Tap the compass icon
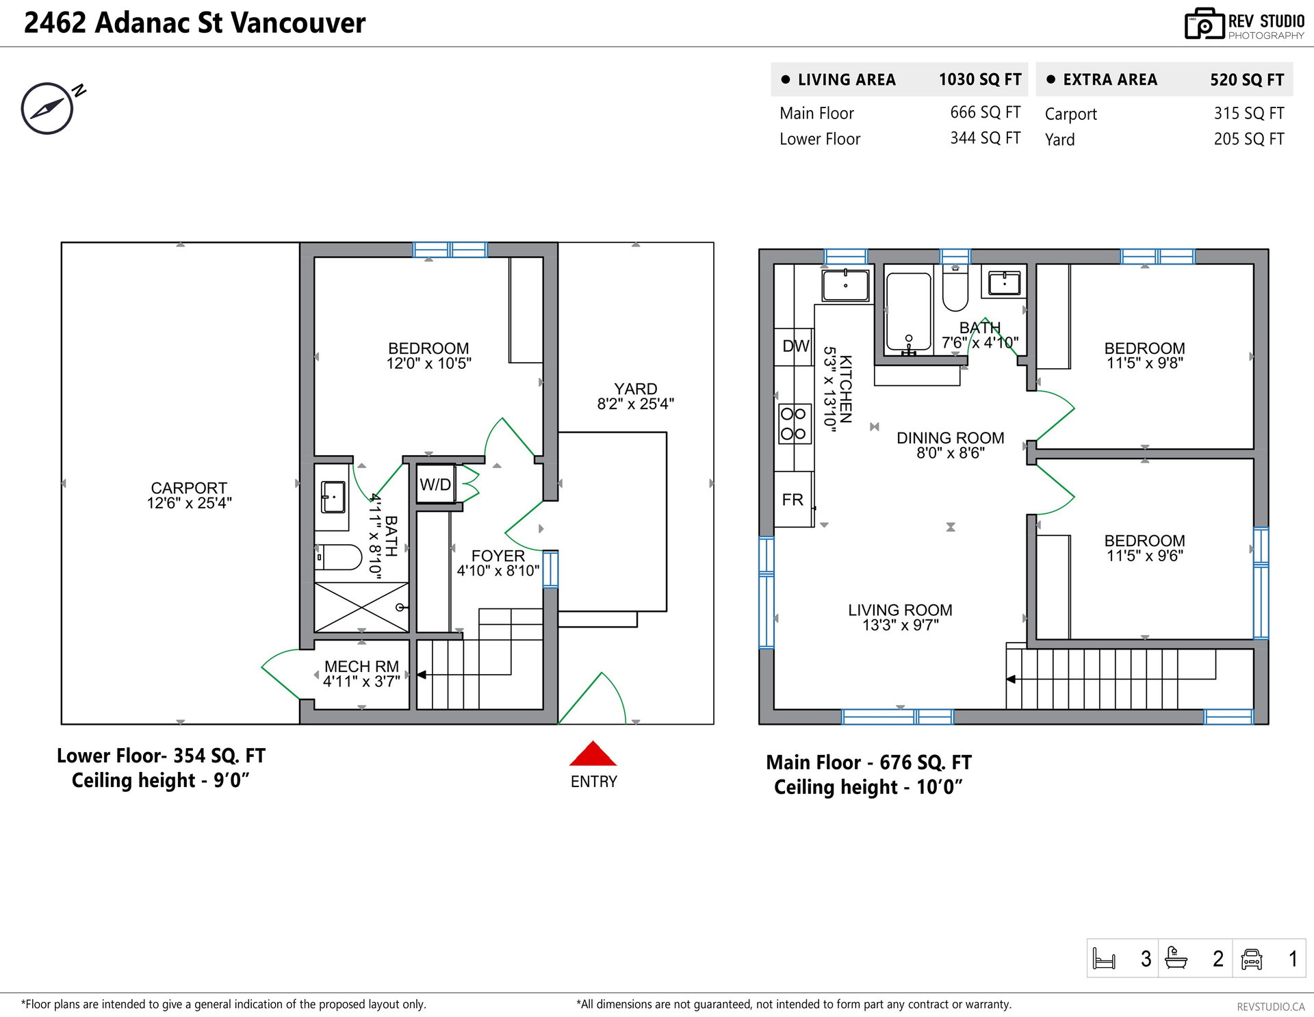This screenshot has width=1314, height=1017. pyautogui.click(x=47, y=108)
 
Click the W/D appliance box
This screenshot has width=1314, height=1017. pyautogui.click(x=436, y=485)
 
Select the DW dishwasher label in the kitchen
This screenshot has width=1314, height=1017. pyautogui.click(x=795, y=346)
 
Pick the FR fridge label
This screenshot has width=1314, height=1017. pyautogui.click(x=793, y=500)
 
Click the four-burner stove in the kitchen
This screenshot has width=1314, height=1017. pyautogui.click(x=794, y=424)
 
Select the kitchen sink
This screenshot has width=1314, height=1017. pyautogui.click(x=845, y=285)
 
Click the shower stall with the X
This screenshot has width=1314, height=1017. pyautogui.click(x=361, y=607)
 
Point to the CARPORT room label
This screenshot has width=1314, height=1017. pyautogui.click(x=189, y=488)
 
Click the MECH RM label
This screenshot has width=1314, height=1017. pyautogui.click(x=361, y=667)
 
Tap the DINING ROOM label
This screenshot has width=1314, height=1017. pyautogui.click(x=951, y=438)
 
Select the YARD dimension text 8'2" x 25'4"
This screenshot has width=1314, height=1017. pyautogui.click(x=635, y=404)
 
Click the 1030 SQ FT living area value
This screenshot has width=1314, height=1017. pyautogui.click(x=980, y=79)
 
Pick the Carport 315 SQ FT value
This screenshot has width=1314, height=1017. pyautogui.click(x=1249, y=114)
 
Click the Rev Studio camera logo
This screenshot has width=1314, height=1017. pyautogui.click(x=1204, y=24)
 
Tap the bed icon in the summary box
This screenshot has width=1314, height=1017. pyautogui.click(x=1104, y=959)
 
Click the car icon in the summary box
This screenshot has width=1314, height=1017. pyautogui.click(x=1251, y=959)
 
